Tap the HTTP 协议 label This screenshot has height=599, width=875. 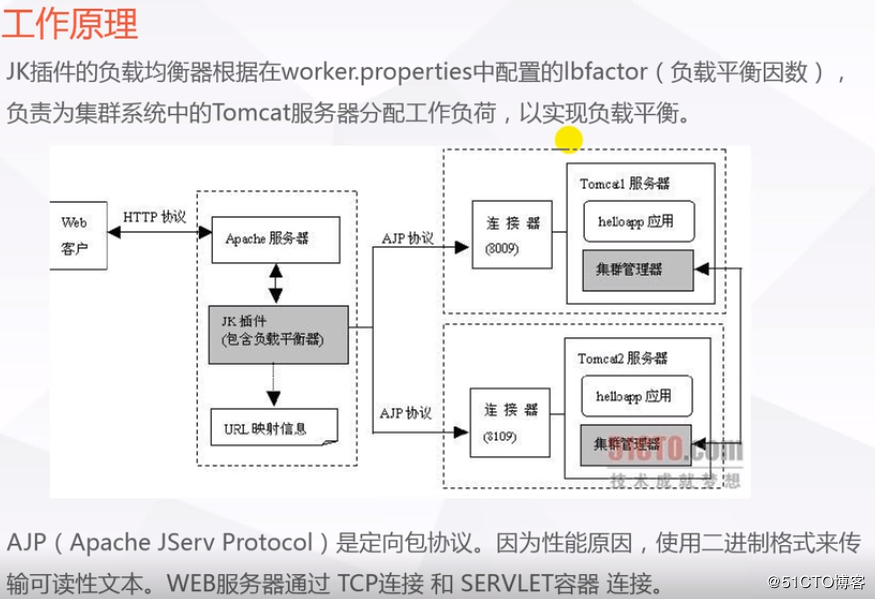[x=154, y=217]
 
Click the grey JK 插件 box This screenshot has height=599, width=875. [x=279, y=333]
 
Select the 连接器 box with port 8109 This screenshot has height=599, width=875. [x=511, y=423]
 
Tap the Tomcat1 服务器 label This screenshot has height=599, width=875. [x=624, y=184]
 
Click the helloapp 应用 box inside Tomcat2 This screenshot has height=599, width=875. [x=637, y=395]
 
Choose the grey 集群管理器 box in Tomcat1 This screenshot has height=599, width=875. [x=636, y=269]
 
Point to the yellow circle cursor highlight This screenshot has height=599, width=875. [x=569, y=140]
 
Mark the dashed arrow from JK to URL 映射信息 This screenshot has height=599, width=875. [x=274, y=384]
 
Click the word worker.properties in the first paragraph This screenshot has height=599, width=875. [x=369, y=72]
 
